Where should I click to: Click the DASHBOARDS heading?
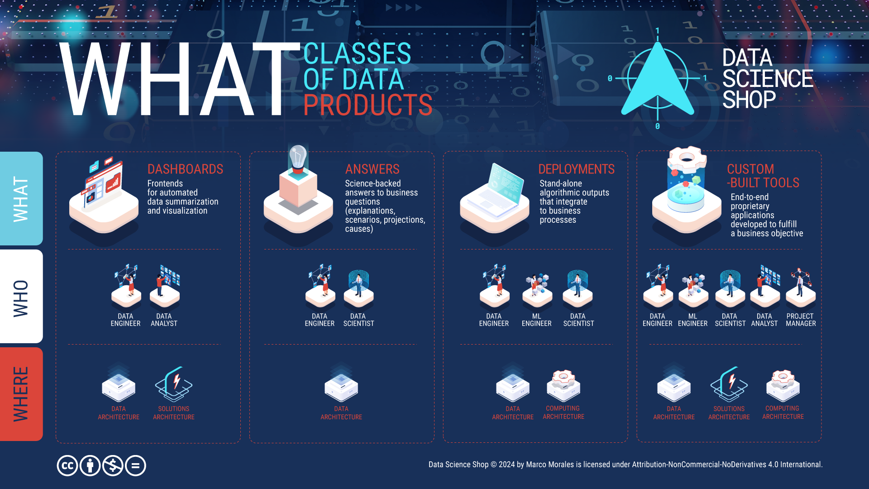[x=185, y=169]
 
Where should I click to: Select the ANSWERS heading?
[x=372, y=169]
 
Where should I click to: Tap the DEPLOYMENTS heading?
[x=576, y=169]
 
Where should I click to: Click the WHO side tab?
[x=21, y=296]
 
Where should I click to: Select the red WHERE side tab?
[x=21, y=394]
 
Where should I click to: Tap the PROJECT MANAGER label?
[x=801, y=320]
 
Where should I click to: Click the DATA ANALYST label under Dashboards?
[x=164, y=320]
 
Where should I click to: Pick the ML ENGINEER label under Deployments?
[x=536, y=320]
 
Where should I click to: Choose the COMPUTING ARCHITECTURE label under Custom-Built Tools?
[x=783, y=412]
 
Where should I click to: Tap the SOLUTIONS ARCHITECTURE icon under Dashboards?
[x=174, y=384]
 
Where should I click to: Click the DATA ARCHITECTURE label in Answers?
[x=341, y=413]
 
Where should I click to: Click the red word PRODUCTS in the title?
[x=368, y=105]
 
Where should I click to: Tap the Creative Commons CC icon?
[x=67, y=465]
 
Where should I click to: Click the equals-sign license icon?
[x=135, y=465]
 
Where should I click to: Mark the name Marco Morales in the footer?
[x=550, y=465]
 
